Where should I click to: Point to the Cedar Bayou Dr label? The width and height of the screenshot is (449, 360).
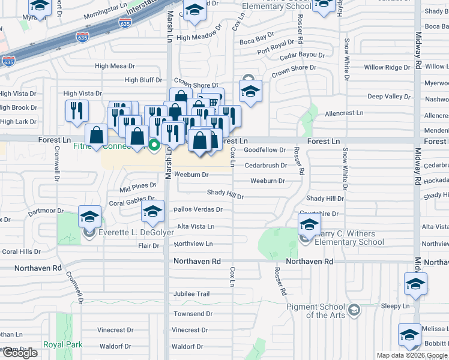[303, 55]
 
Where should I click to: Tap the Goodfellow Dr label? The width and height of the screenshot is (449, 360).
[265, 150]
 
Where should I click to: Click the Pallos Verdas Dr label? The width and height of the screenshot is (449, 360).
[197, 210]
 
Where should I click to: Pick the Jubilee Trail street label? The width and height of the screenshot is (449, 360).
[191, 294]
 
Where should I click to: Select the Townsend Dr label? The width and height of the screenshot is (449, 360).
[193, 314]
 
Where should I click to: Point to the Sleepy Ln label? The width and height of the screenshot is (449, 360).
[395, 306]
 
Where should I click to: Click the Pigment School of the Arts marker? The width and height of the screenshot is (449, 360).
[354, 310]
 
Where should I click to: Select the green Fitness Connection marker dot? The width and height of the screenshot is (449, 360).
[154, 144]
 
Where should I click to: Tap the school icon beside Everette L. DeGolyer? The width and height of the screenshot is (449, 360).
[89, 216]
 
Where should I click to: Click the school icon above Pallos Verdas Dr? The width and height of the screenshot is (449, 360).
[152, 211]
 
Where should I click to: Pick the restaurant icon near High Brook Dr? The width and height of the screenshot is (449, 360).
[77, 110]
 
